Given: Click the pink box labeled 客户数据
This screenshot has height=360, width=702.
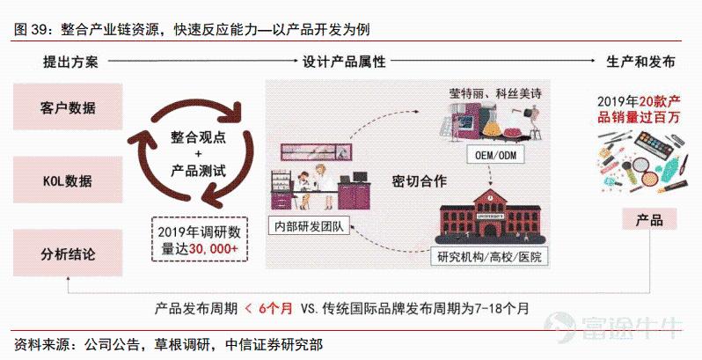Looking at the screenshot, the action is (68, 107).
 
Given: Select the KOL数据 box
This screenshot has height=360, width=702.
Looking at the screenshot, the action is (68, 180).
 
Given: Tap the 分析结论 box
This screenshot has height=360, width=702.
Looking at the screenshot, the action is (68, 253).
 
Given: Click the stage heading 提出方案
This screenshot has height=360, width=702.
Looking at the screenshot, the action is (70, 62).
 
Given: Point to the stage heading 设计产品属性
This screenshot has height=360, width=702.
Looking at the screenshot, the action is (344, 62).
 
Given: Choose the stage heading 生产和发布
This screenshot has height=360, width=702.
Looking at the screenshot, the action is (640, 62).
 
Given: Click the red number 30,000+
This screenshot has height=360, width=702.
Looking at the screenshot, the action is (213, 249).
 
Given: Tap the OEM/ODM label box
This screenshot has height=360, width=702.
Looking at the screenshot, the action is (495, 156).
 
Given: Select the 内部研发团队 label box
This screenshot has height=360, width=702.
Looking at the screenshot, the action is (309, 226).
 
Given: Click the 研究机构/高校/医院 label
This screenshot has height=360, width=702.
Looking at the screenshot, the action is (489, 256).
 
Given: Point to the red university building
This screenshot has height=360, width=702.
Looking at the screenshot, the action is (491, 217).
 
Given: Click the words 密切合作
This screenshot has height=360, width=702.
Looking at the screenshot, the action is (419, 181).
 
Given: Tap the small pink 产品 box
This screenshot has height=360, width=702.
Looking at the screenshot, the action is (649, 219).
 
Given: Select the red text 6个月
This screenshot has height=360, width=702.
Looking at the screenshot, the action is (275, 308).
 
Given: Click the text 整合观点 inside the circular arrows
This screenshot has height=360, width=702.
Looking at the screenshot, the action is (198, 137).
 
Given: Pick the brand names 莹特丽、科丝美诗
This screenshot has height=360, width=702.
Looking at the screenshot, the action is (495, 93).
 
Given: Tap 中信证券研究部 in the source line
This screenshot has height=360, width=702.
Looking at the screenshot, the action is (274, 344).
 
